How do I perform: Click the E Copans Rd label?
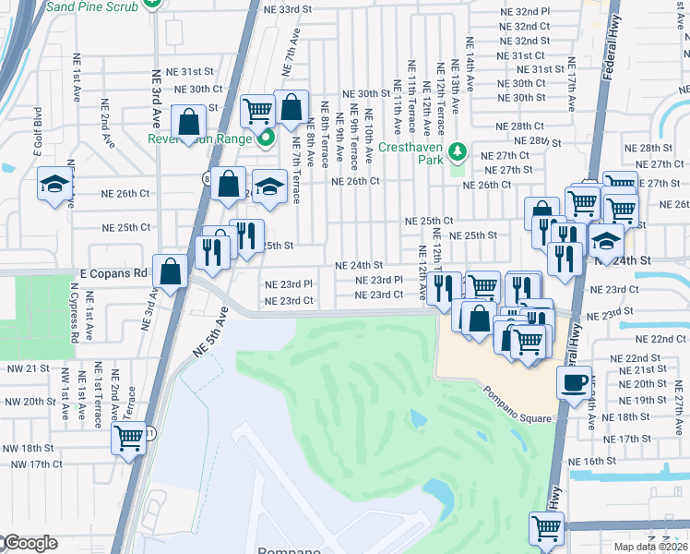[x=114, y=273]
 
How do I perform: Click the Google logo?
[x=30, y=543]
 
